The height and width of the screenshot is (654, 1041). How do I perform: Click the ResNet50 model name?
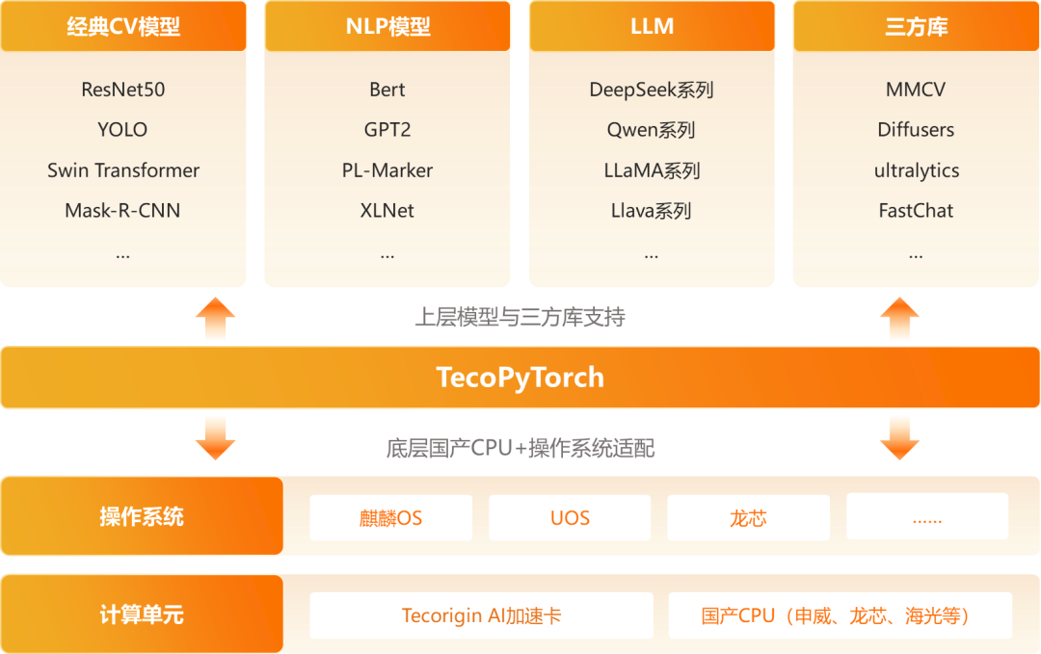point(123,90)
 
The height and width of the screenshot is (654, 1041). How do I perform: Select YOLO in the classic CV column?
point(123,130)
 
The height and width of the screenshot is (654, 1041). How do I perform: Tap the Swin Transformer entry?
point(123,170)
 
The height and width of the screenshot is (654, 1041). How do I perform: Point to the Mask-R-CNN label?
point(123,211)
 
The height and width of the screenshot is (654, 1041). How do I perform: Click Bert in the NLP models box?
point(387,90)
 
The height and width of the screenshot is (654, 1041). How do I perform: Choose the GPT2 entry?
point(387,130)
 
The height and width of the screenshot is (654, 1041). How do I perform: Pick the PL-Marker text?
point(387,170)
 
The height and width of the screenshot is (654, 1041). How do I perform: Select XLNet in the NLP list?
point(387,211)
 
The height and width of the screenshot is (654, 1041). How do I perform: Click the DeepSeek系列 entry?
point(652,90)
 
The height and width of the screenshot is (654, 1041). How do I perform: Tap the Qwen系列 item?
point(652,130)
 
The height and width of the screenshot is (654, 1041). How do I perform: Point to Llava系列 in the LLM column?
point(652,211)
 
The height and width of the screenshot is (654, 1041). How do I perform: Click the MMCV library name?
point(916,90)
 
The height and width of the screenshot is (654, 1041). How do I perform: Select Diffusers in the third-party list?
point(916,130)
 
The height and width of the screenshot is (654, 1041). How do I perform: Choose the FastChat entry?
point(916,211)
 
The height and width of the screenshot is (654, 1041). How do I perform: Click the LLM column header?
point(652,26)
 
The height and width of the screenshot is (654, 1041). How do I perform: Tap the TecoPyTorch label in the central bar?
point(520,377)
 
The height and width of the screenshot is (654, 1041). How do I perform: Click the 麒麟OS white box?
point(390,518)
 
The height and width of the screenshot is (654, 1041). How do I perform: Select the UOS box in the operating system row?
point(570,518)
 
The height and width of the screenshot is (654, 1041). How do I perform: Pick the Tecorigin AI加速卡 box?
point(481,615)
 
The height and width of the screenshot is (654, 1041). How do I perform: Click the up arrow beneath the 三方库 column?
point(900,319)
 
